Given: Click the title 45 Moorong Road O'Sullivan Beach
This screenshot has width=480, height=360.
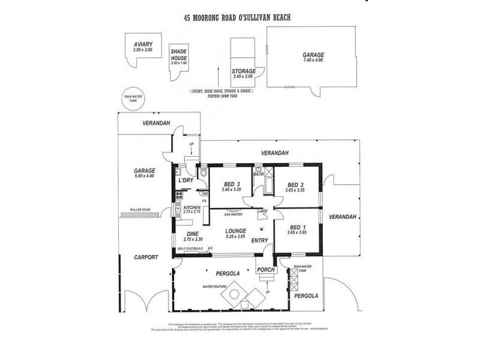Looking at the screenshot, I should [238, 18].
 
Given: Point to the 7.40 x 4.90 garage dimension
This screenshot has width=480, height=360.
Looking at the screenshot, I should [313, 61].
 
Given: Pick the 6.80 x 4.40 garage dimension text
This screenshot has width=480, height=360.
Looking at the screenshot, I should [145, 176].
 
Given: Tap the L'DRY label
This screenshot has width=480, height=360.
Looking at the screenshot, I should [185, 181].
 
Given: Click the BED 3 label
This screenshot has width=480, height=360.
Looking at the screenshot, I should [232, 184].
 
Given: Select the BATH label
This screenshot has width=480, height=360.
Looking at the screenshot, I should [259, 175].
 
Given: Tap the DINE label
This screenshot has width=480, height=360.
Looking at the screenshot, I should [192, 233].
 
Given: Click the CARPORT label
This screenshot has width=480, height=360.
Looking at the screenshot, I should [146, 257].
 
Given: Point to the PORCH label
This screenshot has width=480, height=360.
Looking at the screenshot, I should [266, 270].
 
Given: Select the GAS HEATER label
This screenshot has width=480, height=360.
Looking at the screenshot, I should [233, 214].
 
